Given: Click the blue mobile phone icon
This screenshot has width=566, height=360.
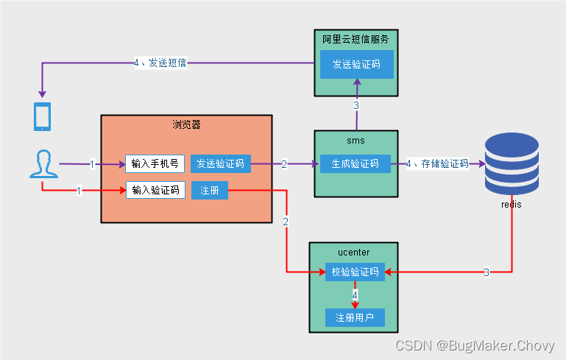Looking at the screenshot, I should [43, 116].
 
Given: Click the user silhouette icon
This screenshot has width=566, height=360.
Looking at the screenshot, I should [43, 163].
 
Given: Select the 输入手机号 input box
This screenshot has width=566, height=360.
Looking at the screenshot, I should [155, 163].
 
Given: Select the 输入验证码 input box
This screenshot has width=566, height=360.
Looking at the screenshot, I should [155, 190].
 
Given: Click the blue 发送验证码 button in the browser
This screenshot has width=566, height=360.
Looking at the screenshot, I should [220, 163].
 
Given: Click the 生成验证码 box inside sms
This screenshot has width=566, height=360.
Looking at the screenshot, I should [355, 163].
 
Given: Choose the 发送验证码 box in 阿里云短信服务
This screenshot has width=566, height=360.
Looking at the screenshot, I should [356, 65].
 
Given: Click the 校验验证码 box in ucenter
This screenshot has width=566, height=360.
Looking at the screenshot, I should [355, 272].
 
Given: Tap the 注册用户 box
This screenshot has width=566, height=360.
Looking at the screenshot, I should [355, 318].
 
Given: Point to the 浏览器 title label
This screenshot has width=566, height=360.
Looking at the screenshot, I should [186, 124].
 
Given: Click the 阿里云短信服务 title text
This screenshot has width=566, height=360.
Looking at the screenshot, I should [355, 39].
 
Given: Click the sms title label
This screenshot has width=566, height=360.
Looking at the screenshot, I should [355, 140].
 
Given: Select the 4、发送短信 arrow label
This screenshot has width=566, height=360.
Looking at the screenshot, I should [160, 63].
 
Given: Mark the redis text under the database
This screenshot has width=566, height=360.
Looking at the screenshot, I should [510, 204].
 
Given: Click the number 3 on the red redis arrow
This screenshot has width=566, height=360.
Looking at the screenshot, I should [486, 272].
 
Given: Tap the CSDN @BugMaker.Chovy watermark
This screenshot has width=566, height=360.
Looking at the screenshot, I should [475, 346].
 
